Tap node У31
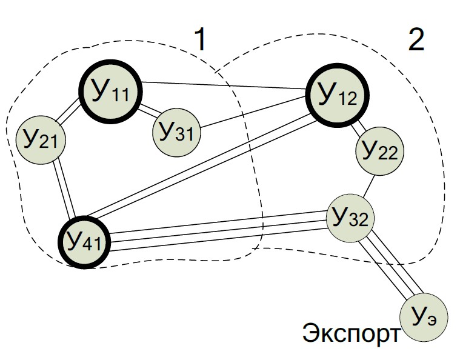coord(176,130)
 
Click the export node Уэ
coord(424,317)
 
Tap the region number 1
coord(200,41)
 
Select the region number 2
coord(416,40)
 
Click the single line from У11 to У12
coord(224,86)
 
